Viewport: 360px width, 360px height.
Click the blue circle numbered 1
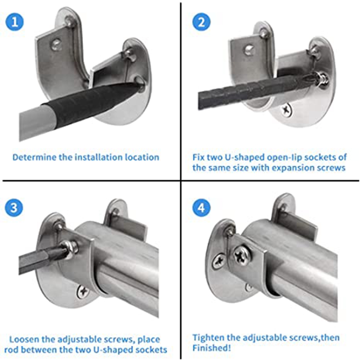coord(14,22)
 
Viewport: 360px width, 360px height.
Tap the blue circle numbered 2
coord(201,22)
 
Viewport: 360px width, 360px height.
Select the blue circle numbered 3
coord(14,208)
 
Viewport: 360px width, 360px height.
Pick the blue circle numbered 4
coord(201,208)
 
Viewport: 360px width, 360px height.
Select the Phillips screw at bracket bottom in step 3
coord(83,292)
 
